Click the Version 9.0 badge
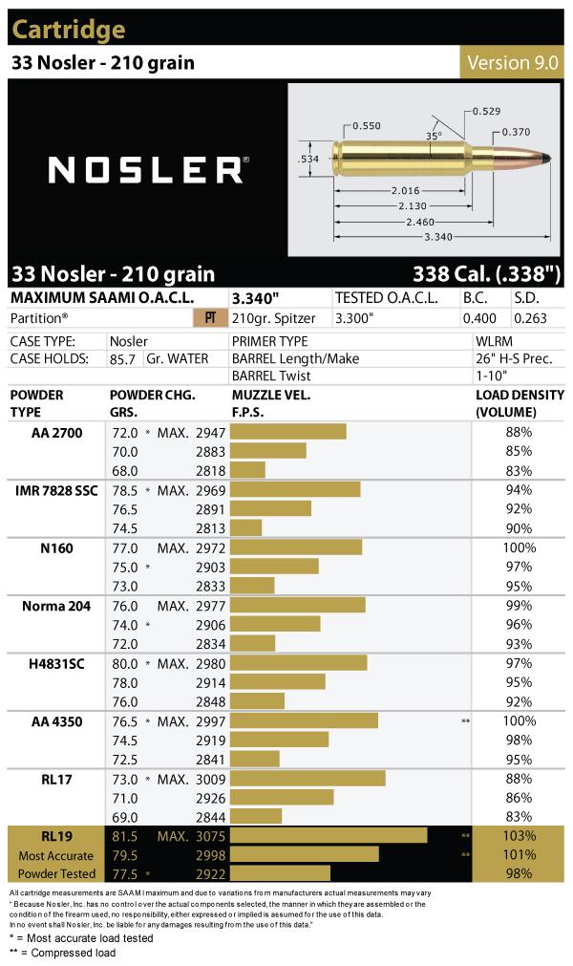[512, 62]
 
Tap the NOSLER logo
[148, 169]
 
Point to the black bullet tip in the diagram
[545, 159]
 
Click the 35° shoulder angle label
[434, 136]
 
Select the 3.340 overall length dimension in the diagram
[438, 237]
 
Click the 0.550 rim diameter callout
[366, 126]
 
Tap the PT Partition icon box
[210, 318]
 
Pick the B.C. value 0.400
[479, 318]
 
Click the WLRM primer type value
[494, 341]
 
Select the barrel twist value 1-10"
[491, 376]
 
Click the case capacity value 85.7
[122, 359]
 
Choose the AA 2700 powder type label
[56, 433]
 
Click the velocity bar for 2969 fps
[295, 490]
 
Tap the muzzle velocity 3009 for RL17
[210, 780]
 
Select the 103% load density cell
[519, 835]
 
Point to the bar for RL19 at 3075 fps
[329, 835]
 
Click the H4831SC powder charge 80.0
[125, 663]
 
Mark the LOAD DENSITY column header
[520, 403]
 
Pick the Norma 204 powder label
[56, 606]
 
